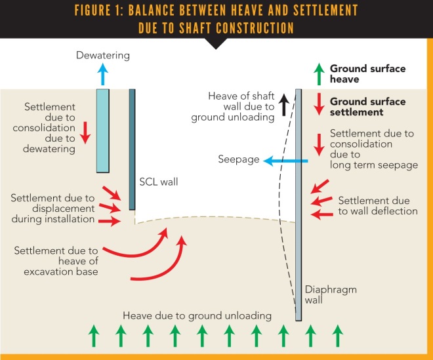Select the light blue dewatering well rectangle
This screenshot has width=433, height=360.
click(x=103, y=130)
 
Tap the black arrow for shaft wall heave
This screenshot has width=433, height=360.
click(x=284, y=104)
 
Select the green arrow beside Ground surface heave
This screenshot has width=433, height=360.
click(x=319, y=73)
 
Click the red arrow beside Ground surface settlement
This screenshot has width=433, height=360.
click(x=319, y=106)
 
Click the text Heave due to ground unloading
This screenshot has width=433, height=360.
click(x=197, y=316)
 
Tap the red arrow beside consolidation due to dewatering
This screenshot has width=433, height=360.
click(x=85, y=130)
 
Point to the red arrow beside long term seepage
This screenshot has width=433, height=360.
click(x=319, y=144)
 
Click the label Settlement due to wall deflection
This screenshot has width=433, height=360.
click(x=377, y=205)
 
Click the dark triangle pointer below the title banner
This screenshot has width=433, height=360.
click(x=216, y=44)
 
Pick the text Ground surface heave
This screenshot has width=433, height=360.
click(x=367, y=73)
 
